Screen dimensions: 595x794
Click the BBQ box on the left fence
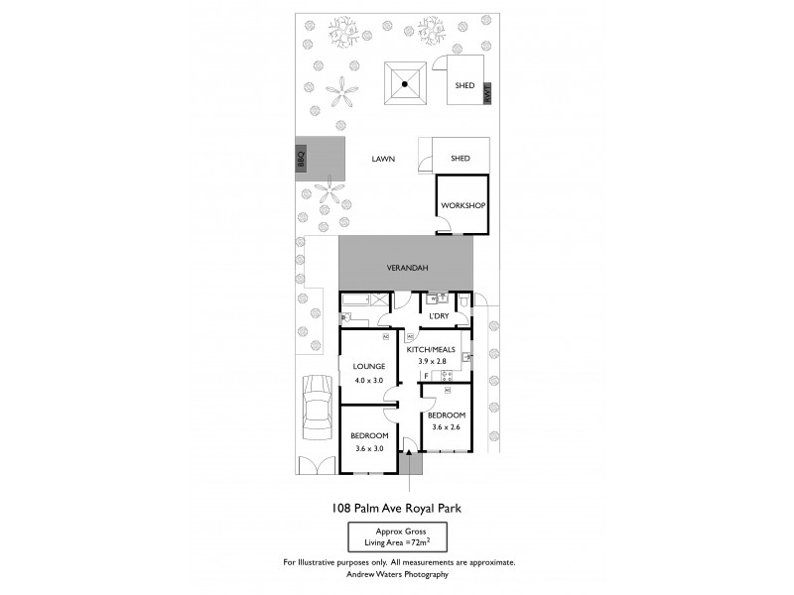[x=300, y=159]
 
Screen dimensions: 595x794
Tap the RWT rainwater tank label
[x=486, y=95]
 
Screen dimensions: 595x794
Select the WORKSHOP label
[x=463, y=205]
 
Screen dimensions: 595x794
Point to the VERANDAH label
[x=406, y=267]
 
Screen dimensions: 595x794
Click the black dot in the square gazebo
[x=405, y=84]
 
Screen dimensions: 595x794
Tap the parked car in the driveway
[x=318, y=409]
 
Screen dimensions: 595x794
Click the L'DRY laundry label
[x=439, y=316]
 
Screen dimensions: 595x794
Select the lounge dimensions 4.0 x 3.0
[x=367, y=381]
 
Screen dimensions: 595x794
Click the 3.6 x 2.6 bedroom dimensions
[x=446, y=427]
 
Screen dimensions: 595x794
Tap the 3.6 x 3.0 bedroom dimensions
[x=369, y=448]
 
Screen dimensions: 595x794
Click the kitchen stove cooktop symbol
[x=447, y=375]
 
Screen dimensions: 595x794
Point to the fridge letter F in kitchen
[x=426, y=376]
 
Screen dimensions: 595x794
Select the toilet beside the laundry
[x=464, y=299]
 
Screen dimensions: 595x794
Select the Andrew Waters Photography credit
[x=397, y=574]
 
